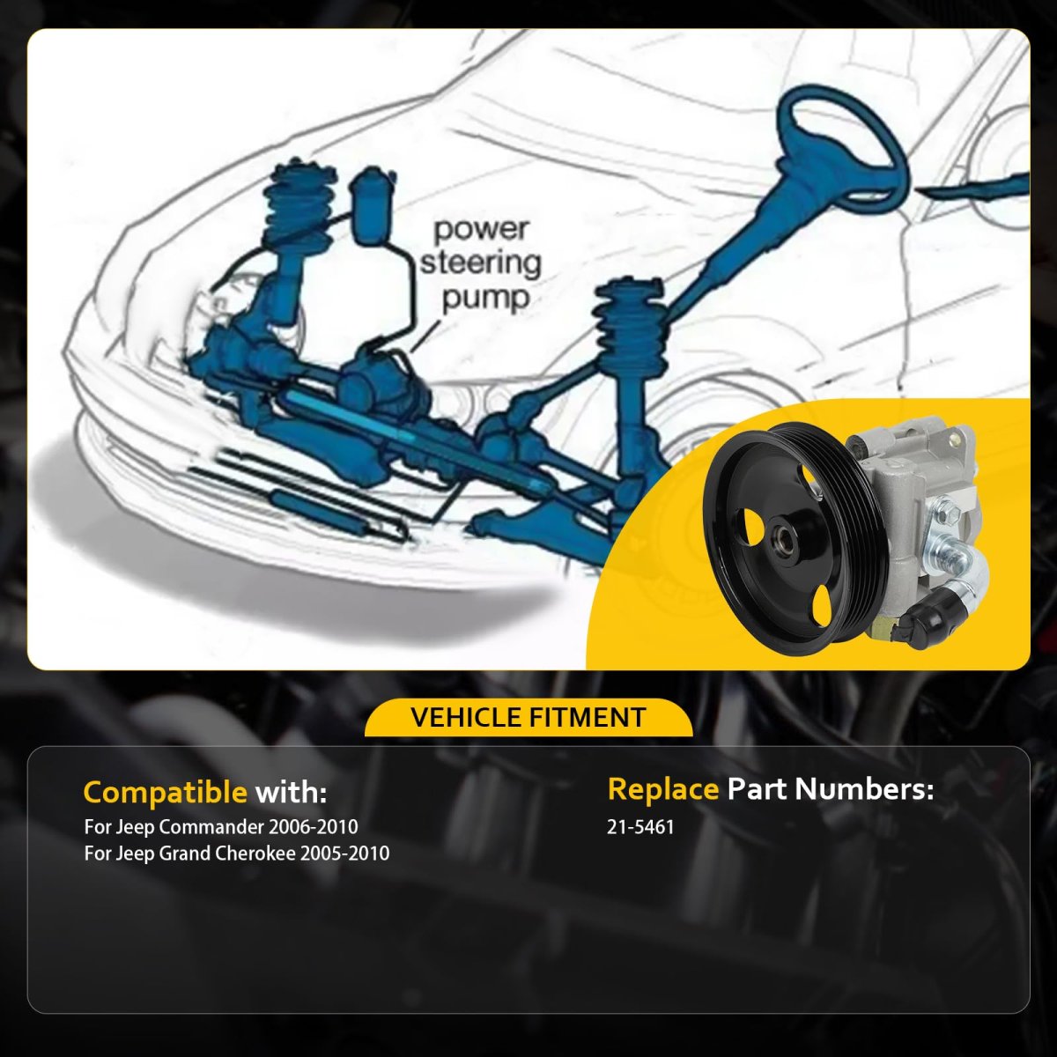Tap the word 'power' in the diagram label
(x=482, y=230)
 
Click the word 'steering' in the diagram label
(x=481, y=263)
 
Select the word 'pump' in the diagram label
(x=486, y=299)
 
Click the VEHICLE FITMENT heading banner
(x=528, y=717)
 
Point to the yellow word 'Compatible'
(x=165, y=793)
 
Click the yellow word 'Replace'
(x=663, y=789)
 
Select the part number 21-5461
(x=640, y=826)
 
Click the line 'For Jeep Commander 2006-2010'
(x=221, y=826)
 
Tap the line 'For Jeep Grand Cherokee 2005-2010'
(x=237, y=854)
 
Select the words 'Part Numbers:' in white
(x=830, y=789)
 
